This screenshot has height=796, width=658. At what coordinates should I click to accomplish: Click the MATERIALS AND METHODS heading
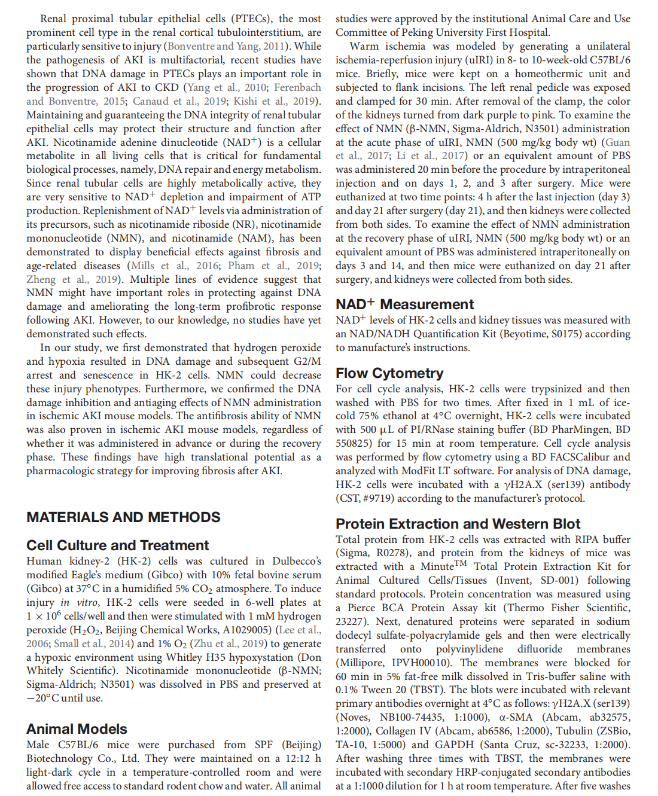[x=123, y=517]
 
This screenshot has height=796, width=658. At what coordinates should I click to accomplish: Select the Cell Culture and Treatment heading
[x=117, y=545]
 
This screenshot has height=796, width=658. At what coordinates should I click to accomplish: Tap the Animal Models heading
[x=77, y=729]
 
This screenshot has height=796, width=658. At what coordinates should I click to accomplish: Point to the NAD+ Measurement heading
[x=404, y=304]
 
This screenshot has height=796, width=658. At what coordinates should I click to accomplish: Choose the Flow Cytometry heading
[x=389, y=373]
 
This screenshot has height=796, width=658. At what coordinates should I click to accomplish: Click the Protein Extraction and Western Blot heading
[x=458, y=524]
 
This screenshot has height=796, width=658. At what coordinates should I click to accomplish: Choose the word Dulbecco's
[x=296, y=561]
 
